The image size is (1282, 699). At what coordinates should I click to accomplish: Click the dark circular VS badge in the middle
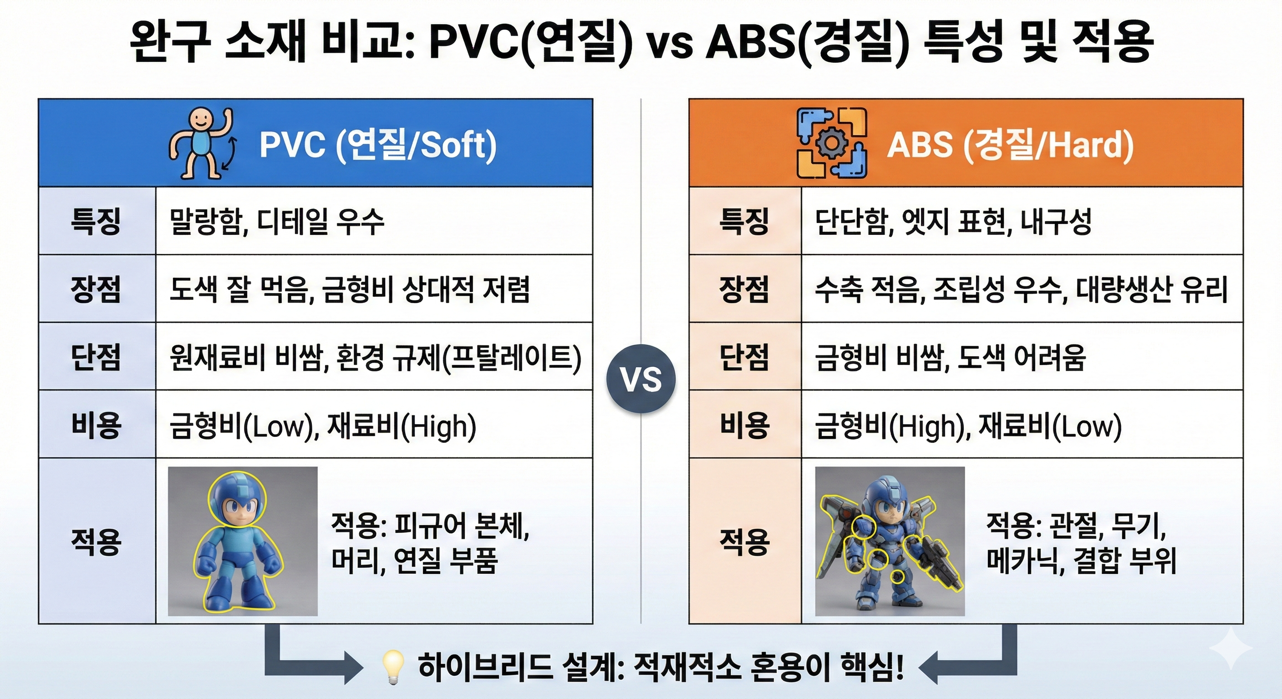coord(641,379)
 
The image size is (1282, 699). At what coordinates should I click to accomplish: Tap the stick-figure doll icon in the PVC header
coord(202,144)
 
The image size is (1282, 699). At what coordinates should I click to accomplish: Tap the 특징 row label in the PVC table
coord(96,221)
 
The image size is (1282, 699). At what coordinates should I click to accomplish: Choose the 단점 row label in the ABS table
coord(744,357)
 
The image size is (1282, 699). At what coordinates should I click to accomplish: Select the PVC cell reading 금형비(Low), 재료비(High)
coord(322,426)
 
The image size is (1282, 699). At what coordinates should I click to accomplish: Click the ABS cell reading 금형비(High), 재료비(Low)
coord(968,426)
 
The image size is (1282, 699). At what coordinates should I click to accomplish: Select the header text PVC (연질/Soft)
coord(378,145)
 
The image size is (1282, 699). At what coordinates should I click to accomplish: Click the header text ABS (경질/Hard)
coord(1010,145)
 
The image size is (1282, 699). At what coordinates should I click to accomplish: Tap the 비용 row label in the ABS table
coord(744,425)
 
